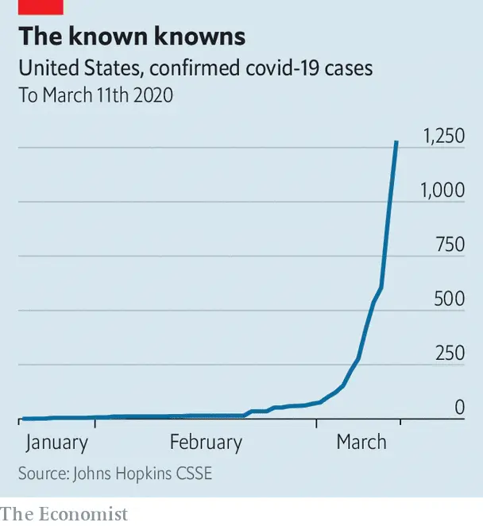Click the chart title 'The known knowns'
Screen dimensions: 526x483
tap(132, 37)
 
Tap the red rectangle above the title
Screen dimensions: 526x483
tap(41, 6)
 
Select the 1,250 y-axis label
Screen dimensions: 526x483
tap(443, 136)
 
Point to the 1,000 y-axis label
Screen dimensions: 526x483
tap(442, 190)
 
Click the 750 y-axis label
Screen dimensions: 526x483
tap(450, 244)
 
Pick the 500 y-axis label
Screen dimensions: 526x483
tap(450, 299)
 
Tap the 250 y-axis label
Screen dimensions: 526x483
tap(450, 353)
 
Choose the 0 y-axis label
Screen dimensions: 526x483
tap(459, 408)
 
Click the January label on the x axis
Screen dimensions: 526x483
tap(56, 443)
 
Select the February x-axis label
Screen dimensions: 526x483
tap(206, 443)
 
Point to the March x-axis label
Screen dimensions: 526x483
tap(361, 443)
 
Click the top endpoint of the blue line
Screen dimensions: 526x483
tap(396, 142)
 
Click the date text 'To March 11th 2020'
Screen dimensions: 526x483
tap(95, 95)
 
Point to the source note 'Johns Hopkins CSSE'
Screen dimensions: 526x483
tap(142, 474)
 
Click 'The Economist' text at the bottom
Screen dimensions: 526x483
tap(64, 514)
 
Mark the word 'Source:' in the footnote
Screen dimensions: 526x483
tap(43, 474)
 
